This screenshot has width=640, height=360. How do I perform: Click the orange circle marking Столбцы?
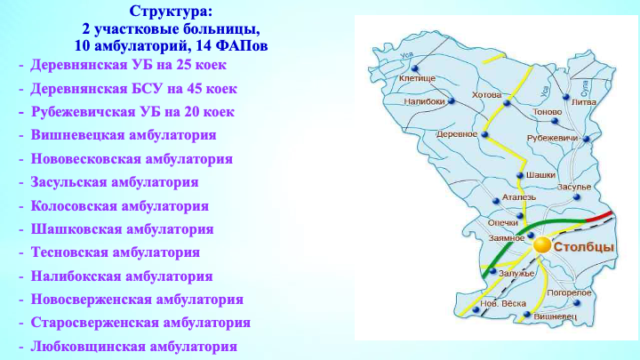pyautogui.click(x=542, y=245)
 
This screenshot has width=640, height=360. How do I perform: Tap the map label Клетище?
pyautogui.click(x=417, y=78)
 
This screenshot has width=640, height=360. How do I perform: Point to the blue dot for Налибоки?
pyautogui.click(x=452, y=100)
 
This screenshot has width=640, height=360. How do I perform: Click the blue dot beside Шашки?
pyautogui.click(x=520, y=175)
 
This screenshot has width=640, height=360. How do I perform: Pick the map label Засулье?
pyautogui.click(x=574, y=187)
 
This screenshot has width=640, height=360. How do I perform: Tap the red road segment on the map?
pyautogui.click(x=600, y=216)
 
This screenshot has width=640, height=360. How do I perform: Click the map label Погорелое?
pyautogui.click(x=569, y=292)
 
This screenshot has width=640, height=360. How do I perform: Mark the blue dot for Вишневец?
pyautogui.click(x=527, y=315)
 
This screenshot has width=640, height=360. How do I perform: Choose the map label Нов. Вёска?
pyautogui.click(x=503, y=304)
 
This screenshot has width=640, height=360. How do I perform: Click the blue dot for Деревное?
pyautogui.click(x=485, y=134)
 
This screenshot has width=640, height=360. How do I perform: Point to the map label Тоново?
pyautogui.click(x=548, y=112)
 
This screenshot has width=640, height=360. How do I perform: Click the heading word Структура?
pyautogui.click(x=171, y=12)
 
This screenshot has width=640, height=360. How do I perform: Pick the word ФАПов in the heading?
pyautogui.click(x=242, y=45)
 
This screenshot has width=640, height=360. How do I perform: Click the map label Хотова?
pyautogui.click(x=486, y=95)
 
